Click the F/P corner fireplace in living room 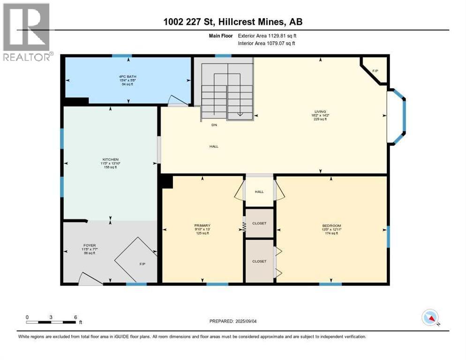tap(375, 71)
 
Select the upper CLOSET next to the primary tap(259, 223)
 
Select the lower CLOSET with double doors tap(259, 261)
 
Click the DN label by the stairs tap(214, 125)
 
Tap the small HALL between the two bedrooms tap(259, 192)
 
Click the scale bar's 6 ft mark tap(75, 317)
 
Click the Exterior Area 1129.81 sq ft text tap(266, 35)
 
